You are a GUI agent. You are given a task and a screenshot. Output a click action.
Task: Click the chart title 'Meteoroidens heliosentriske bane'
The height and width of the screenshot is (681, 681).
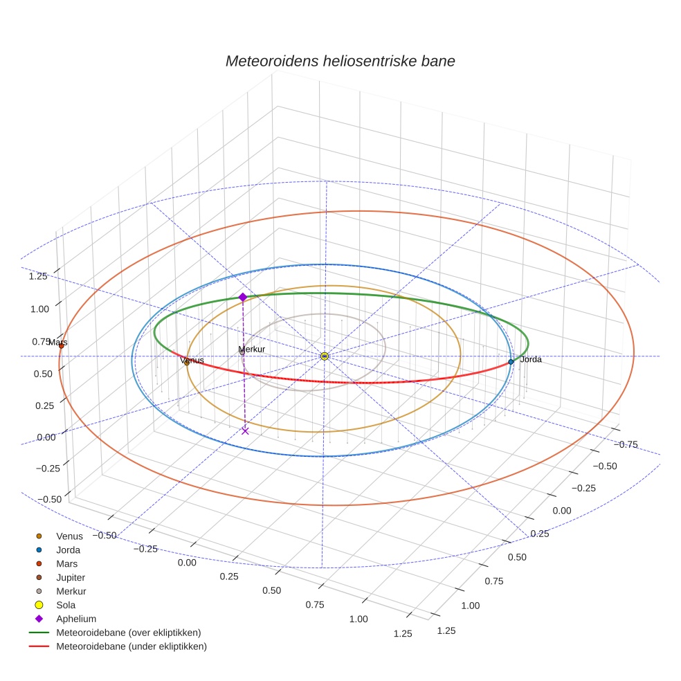(340, 61)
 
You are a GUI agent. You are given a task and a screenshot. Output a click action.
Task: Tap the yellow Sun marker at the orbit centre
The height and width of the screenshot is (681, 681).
(325, 356)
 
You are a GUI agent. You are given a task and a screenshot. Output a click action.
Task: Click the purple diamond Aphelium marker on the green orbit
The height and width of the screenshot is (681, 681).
(243, 297)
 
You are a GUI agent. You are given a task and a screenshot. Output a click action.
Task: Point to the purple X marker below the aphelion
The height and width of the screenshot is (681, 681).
(245, 430)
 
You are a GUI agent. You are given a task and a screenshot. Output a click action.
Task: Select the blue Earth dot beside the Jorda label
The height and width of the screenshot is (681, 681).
(511, 361)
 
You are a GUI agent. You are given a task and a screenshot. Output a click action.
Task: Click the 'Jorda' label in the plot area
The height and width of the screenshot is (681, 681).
(530, 360)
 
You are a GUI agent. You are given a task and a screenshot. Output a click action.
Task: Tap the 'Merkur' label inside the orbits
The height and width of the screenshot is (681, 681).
(251, 349)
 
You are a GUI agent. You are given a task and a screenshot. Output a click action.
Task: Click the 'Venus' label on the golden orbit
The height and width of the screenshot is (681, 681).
(192, 361)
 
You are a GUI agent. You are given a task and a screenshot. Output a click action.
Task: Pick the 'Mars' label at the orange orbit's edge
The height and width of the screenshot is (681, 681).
(57, 342)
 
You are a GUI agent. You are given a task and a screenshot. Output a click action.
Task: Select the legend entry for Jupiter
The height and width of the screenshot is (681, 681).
(71, 577)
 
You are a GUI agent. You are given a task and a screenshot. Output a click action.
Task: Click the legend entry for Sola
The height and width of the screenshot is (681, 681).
(66, 605)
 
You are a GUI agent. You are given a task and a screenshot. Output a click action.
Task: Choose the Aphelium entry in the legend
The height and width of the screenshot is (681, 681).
(75, 619)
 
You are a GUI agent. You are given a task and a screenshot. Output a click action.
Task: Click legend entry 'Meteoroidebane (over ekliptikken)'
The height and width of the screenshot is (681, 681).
(129, 633)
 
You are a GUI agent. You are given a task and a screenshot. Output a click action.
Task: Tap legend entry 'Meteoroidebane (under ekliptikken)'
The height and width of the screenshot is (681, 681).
(131, 646)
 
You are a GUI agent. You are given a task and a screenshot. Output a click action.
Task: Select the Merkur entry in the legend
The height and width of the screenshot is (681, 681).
(71, 591)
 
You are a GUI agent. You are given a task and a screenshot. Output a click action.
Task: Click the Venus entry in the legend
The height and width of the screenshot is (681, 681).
(69, 536)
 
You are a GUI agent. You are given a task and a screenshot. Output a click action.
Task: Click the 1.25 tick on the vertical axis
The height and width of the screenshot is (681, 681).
(38, 276)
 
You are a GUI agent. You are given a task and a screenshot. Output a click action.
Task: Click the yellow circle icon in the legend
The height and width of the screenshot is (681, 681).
(39, 605)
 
